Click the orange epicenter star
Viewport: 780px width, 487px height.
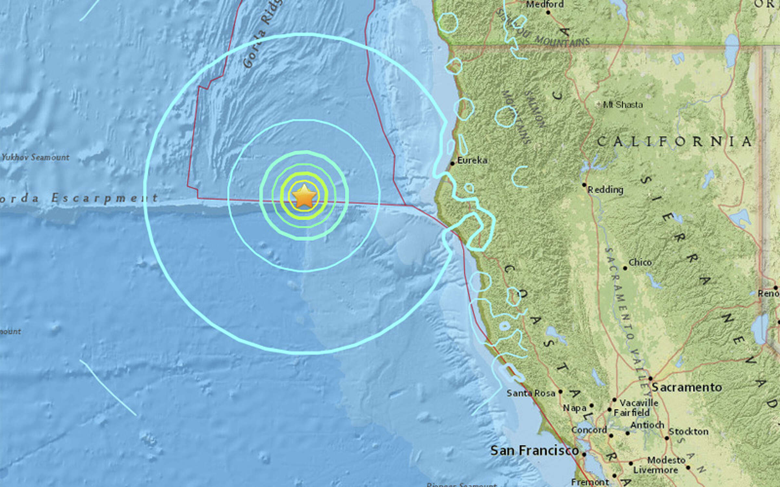pos(304,196)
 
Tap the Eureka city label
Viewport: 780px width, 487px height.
pos(472,160)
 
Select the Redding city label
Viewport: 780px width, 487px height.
pos(605,189)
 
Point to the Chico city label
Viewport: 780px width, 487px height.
pos(640,262)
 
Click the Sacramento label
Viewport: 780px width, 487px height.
pos(687,387)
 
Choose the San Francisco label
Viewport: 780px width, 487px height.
pos(534,451)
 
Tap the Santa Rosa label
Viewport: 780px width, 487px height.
pos(530,393)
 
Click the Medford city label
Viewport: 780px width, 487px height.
pos(545,5)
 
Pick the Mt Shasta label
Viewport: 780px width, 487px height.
pos(623,105)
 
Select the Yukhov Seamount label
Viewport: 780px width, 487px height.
pos(35,157)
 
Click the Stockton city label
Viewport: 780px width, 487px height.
pos(688,431)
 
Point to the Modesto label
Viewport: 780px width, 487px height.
pos(666,460)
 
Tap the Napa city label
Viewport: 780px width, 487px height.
pos(574,408)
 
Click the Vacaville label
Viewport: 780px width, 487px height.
pos(639,403)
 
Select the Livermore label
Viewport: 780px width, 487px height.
pos(655,470)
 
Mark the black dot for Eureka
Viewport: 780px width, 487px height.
pos(452,164)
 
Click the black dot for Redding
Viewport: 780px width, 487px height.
pos(584,185)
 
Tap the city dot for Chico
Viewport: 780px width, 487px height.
pos(625,268)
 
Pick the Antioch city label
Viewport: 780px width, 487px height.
pos(647,425)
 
